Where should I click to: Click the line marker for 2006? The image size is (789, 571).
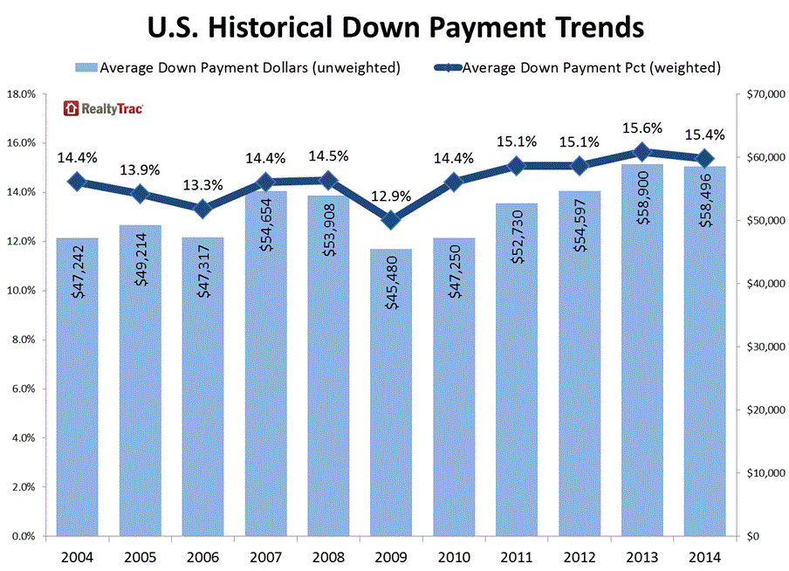point(202,209)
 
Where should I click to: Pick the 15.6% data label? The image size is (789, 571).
point(642,127)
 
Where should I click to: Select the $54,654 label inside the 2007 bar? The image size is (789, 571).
point(267,231)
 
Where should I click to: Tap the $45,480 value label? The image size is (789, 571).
point(392,288)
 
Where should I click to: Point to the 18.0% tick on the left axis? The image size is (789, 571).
point(22,93)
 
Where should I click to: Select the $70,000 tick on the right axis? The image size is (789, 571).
point(758,93)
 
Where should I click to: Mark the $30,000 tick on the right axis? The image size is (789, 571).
point(758,347)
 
